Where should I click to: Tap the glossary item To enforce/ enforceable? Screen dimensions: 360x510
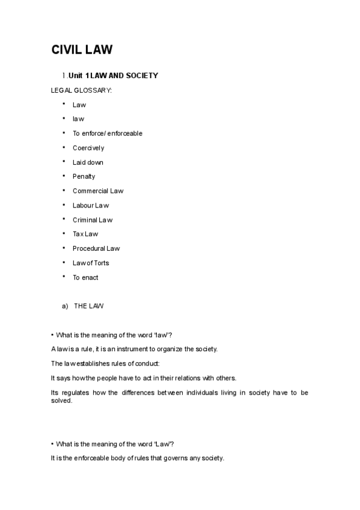coord(108,134)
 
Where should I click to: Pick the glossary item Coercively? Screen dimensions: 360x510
coord(88,148)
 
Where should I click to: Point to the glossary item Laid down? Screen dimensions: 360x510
coord(88,162)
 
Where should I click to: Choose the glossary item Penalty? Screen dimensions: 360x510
coord(84,177)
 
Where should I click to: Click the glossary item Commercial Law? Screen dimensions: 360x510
coord(98,191)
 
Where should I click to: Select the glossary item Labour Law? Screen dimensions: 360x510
coord(91,206)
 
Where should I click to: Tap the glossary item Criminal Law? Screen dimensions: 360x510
coord(93,220)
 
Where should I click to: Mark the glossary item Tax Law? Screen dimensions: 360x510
coord(85,235)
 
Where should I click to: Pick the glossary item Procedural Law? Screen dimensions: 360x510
coord(96,248)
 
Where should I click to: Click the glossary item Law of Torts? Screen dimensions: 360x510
coord(91,263)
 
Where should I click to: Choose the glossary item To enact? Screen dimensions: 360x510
coord(85,277)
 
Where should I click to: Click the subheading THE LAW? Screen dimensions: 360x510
coord(89,306)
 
